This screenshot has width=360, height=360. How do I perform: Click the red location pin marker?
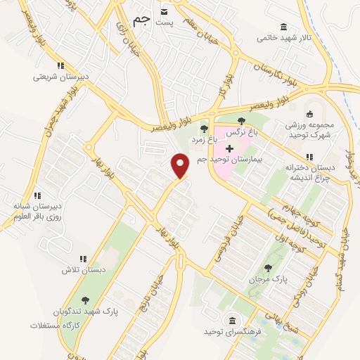pos(181,165)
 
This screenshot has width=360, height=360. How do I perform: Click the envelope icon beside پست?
pos(165,11)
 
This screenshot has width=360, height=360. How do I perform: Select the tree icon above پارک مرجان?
pos(268,267)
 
